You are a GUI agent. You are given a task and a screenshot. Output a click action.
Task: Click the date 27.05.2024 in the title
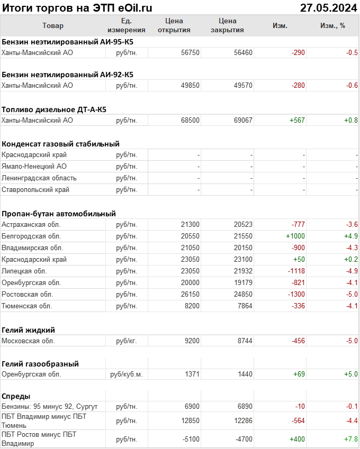click(328, 8)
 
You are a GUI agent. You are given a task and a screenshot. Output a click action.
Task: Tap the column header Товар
click(52, 25)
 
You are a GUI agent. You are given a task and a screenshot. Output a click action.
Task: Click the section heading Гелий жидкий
click(29, 329)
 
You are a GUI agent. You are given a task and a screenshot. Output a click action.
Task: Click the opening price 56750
click(190, 52)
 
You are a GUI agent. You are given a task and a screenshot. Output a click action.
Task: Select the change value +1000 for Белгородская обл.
click(295, 236)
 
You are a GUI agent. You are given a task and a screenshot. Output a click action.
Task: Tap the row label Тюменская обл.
click(28, 306)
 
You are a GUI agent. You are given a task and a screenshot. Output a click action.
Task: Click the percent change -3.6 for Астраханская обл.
click(352, 224)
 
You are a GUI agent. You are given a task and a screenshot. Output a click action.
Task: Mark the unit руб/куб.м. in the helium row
click(127, 374)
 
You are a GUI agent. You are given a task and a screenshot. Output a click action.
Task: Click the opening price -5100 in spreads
click(190, 439)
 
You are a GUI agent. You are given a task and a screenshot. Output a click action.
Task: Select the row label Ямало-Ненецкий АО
click(34, 166)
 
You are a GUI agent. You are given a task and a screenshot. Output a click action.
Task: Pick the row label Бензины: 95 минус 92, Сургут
click(50, 406)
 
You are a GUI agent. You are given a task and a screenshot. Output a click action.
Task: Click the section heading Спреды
click(16, 396)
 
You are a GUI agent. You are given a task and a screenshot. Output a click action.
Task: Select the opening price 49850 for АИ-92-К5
click(190, 85)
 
